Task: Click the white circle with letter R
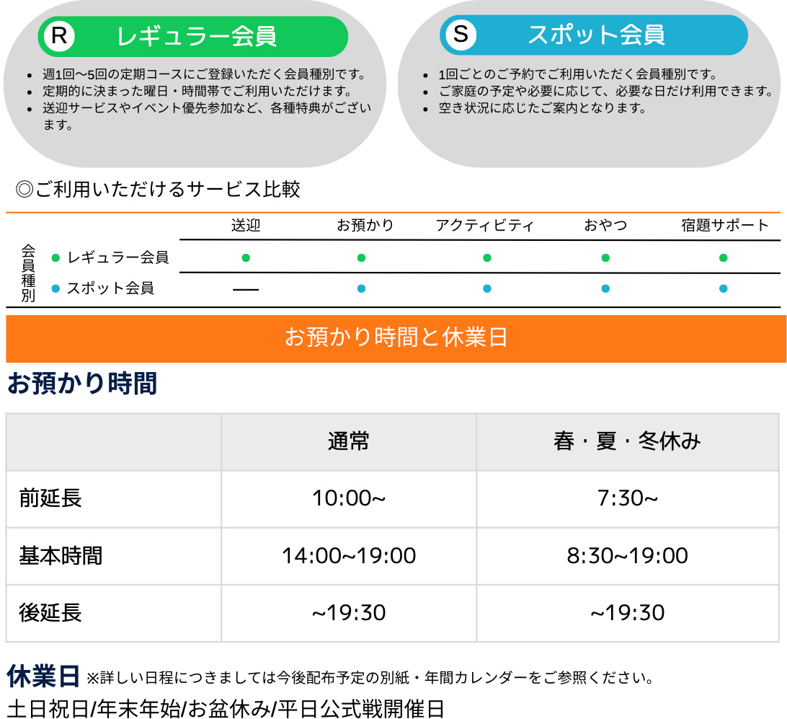[x=59, y=36]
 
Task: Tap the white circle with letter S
[x=461, y=35]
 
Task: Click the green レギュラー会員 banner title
[x=196, y=37]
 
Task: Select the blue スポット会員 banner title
[x=596, y=35]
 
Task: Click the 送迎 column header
[x=246, y=226]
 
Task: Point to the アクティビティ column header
[x=484, y=226]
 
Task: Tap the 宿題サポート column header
[x=724, y=226]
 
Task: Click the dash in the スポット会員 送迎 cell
[x=246, y=290]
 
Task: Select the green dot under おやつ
[x=605, y=258]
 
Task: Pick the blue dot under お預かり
[x=361, y=288]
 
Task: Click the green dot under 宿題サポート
[x=724, y=258]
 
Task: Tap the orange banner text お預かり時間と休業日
[x=396, y=337]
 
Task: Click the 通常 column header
[x=348, y=441]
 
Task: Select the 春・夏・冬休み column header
[x=628, y=441]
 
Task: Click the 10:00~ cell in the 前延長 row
[x=348, y=498]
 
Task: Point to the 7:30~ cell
[x=628, y=498]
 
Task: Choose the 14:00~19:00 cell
[x=349, y=556]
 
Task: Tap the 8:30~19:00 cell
[x=628, y=556]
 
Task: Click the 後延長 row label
[x=50, y=613]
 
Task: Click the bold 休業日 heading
[x=43, y=676]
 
